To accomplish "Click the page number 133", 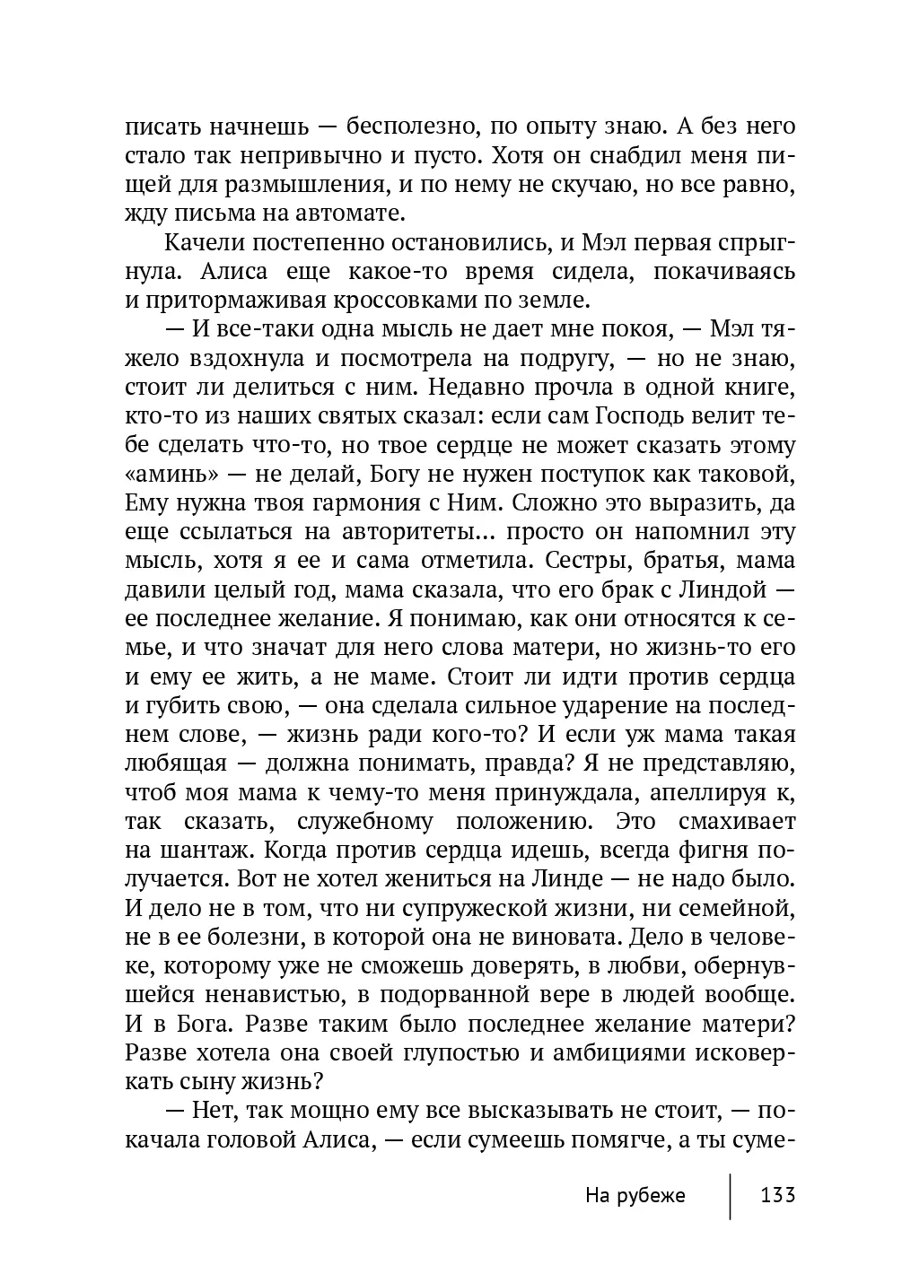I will tap(777, 1195).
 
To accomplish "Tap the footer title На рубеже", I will tap(635, 1195).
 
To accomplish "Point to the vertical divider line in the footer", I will tap(730, 1196).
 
